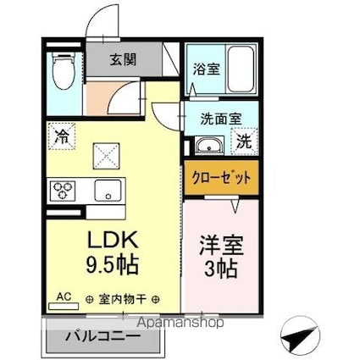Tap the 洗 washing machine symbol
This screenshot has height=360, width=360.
point(243,141)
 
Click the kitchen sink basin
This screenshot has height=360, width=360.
point(108,189)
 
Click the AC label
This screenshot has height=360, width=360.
point(63,296)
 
